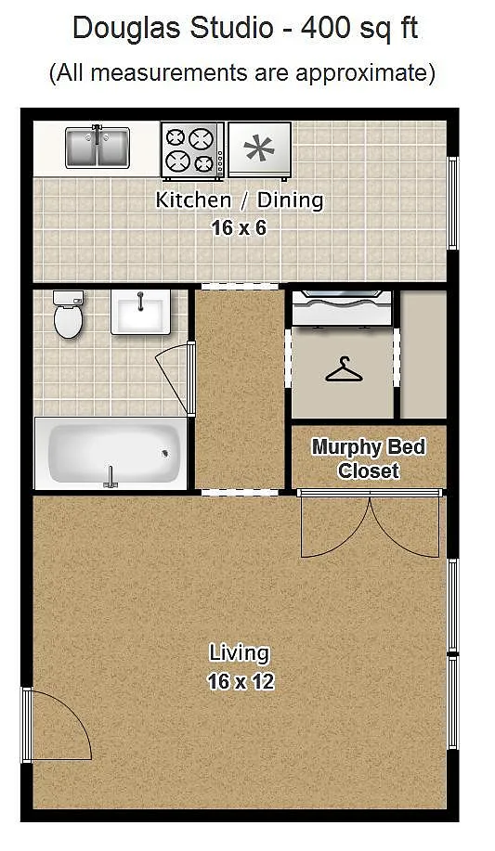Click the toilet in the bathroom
(x=69, y=315)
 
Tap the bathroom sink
(x=141, y=312)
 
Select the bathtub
(x=111, y=454)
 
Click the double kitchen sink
(x=98, y=147)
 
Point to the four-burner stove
(x=193, y=150)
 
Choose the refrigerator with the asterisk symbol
(x=260, y=149)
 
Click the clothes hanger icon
(x=344, y=370)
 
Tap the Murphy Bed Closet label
(x=369, y=458)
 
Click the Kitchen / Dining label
(x=239, y=200)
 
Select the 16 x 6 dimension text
(x=239, y=228)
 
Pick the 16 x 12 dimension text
(x=241, y=681)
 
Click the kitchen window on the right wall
(x=452, y=203)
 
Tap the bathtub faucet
(x=111, y=478)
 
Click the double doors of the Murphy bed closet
(x=370, y=523)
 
